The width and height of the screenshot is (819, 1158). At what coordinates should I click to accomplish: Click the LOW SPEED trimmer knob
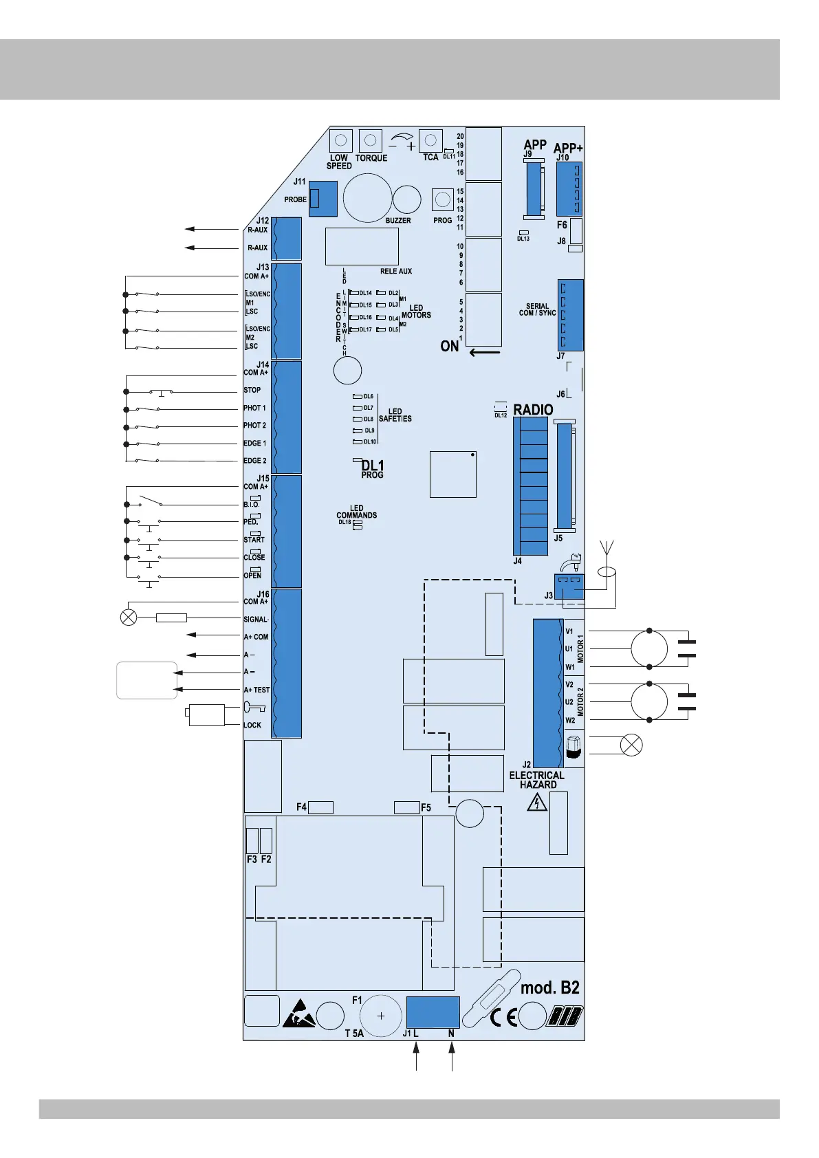(340, 140)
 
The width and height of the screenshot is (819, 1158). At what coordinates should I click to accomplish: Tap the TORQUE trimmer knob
(370, 140)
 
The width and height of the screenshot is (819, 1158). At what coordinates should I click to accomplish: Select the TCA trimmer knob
(430, 140)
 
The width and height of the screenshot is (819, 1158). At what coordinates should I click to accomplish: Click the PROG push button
(443, 199)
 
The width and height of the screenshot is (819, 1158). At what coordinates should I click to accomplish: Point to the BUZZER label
(398, 220)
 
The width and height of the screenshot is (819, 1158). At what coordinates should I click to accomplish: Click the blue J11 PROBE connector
(323, 199)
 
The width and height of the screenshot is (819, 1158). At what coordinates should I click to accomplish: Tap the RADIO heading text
(533, 410)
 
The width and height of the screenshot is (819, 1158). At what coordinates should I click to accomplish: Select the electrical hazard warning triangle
(537, 803)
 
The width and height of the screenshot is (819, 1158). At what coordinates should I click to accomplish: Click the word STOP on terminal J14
(252, 391)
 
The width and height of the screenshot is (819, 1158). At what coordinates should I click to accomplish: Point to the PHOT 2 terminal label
(255, 426)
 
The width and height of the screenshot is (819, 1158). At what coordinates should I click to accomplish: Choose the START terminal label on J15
(254, 540)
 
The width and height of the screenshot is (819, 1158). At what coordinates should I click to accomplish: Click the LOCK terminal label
(252, 725)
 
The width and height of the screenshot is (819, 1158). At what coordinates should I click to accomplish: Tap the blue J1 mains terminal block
(433, 1012)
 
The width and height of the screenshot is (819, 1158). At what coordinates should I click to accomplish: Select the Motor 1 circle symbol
(649, 648)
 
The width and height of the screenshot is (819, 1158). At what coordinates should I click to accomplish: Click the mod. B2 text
(549, 988)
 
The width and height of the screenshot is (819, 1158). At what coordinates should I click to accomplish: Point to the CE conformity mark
(503, 1018)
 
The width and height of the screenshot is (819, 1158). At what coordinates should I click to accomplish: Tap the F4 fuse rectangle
(320, 807)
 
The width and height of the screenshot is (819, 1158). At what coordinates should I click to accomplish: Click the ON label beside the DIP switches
(449, 346)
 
